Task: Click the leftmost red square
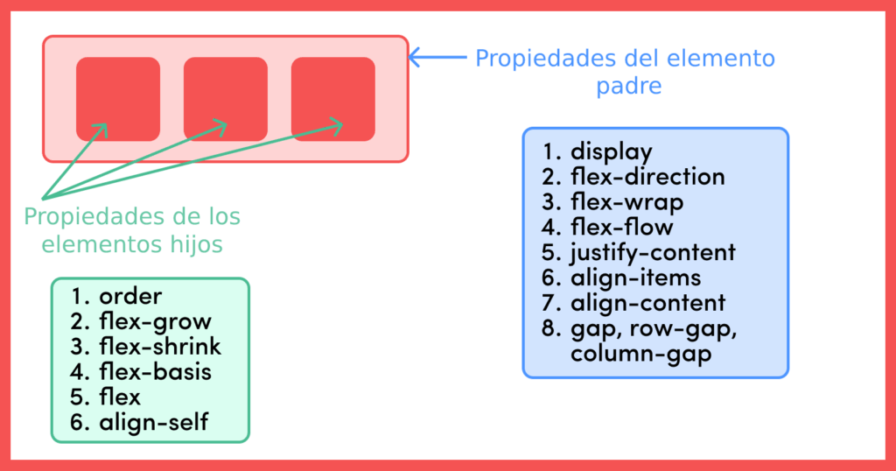pos(118,98)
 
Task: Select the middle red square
pos(226,98)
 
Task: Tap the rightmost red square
pos(332,98)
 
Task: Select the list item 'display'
pos(611,152)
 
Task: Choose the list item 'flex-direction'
pos(647,177)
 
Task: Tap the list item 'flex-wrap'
pos(626,202)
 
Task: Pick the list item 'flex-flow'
pos(621,228)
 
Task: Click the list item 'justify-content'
pos(653,253)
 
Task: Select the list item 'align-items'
pos(635,278)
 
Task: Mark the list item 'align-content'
pos(647,304)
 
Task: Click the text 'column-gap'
pos(628,355)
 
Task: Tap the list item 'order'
pos(130,297)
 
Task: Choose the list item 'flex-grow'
pos(155,322)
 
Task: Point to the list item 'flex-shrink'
pos(160,347)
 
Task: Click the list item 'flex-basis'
pos(155,372)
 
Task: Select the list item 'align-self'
pos(153,422)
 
